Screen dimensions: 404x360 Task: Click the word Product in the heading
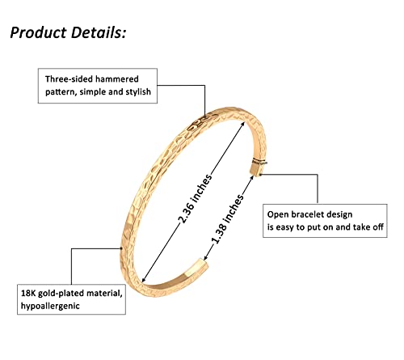(x=39, y=32)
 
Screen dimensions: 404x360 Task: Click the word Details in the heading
(x=99, y=32)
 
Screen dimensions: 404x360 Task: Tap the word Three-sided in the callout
(x=69, y=79)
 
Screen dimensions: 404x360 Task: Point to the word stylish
(x=138, y=92)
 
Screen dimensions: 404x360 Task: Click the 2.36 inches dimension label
(x=196, y=199)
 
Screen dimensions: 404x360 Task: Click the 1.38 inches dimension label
(x=227, y=219)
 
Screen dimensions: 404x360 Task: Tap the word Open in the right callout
(x=278, y=214)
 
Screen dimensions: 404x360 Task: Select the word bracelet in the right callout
(x=308, y=214)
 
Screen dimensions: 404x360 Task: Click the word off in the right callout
(x=377, y=227)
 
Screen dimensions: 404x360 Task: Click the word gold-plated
(x=60, y=294)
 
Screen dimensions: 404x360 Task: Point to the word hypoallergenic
(x=50, y=306)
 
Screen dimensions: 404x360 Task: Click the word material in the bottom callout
(x=103, y=294)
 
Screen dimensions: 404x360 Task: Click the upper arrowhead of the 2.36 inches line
(x=243, y=124)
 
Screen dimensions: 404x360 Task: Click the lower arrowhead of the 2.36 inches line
(x=144, y=280)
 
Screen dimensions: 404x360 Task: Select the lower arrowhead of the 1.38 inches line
(x=205, y=258)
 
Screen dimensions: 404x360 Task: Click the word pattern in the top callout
(x=61, y=92)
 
